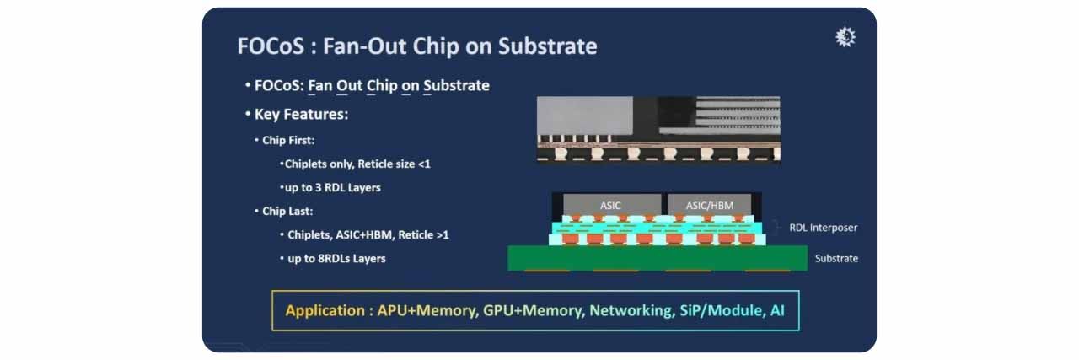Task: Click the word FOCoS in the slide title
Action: coord(271,46)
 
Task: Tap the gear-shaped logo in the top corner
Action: coord(845,37)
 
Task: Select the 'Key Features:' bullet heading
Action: coord(301,114)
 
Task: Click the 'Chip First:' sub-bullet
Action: coord(288,140)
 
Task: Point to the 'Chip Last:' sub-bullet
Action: coord(287,211)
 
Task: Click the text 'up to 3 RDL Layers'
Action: coord(332,187)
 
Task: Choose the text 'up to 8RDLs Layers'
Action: coord(336,258)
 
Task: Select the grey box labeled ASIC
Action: coord(612,204)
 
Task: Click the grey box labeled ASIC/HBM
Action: coord(710,204)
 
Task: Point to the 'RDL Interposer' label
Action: coord(824,228)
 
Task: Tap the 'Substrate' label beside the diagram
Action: coord(836,258)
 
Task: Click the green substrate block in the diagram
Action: coord(658,258)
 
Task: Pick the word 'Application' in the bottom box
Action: coord(325,310)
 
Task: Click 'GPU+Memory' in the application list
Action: coord(534,310)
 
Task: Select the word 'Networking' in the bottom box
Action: coord(632,310)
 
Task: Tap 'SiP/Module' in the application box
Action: coord(722,310)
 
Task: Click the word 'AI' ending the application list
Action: coord(777,310)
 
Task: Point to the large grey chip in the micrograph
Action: coord(585,116)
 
